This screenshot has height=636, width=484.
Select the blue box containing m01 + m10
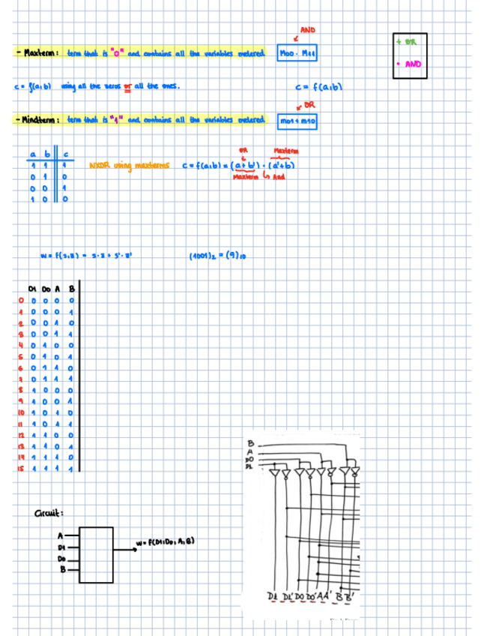297,120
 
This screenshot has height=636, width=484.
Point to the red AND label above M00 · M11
307,30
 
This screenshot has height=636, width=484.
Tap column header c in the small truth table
67,154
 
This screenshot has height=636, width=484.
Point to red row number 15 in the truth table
22,469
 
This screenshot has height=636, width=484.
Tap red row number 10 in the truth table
22,412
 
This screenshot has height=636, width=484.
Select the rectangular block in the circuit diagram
94,550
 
